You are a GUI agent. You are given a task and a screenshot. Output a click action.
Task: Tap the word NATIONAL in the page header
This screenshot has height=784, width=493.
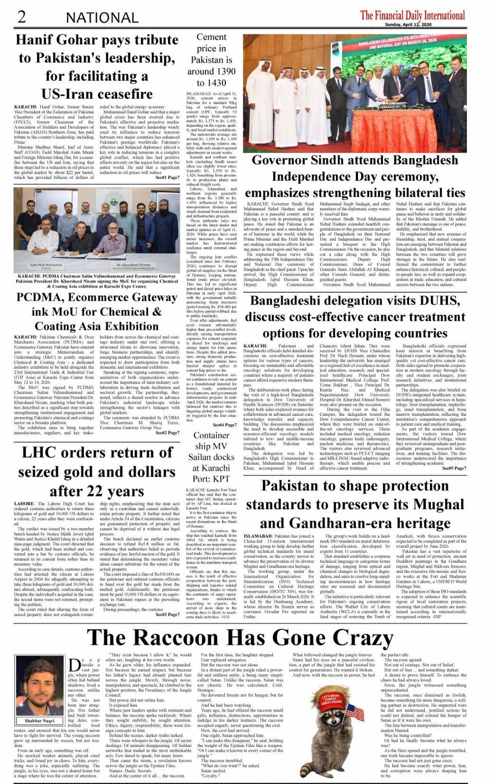(x=102, y=17)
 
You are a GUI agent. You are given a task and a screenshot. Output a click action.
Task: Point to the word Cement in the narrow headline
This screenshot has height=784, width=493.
(x=211, y=37)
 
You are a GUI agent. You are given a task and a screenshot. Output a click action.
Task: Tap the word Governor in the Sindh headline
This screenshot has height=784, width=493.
(x=288, y=160)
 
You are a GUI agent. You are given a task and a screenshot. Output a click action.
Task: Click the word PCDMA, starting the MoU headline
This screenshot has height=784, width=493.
(x=43, y=297)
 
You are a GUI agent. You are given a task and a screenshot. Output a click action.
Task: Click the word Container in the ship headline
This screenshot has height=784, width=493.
(x=211, y=435)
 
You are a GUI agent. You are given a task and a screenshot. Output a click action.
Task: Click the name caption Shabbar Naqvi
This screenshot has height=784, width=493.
(x=39, y=721)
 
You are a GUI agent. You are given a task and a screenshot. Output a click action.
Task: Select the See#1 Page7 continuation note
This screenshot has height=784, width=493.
(x=168, y=177)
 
